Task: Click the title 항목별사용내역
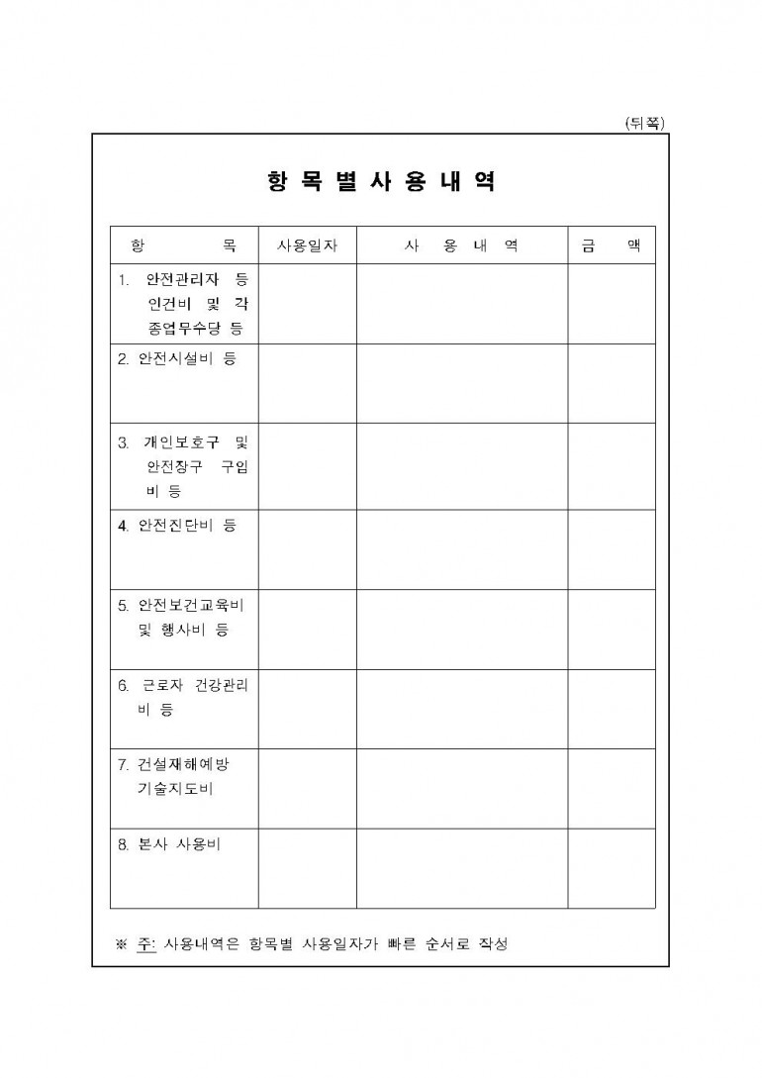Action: coord(381,183)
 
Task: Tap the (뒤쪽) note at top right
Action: coord(645,123)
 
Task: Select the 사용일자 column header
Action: coord(308,245)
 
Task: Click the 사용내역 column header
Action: coord(461,245)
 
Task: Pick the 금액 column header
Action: coord(611,245)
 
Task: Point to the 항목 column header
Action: coord(184,245)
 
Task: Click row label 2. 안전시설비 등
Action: coord(177,359)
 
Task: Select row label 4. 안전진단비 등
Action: coord(177,526)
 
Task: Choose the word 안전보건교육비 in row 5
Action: coord(192,605)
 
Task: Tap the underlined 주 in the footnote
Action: coord(146,943)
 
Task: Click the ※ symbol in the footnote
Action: coord(123,943)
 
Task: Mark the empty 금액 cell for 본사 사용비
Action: coord(611,868)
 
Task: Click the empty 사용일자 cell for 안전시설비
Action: coord(308,383)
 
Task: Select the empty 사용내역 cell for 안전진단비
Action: coord(461,549)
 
